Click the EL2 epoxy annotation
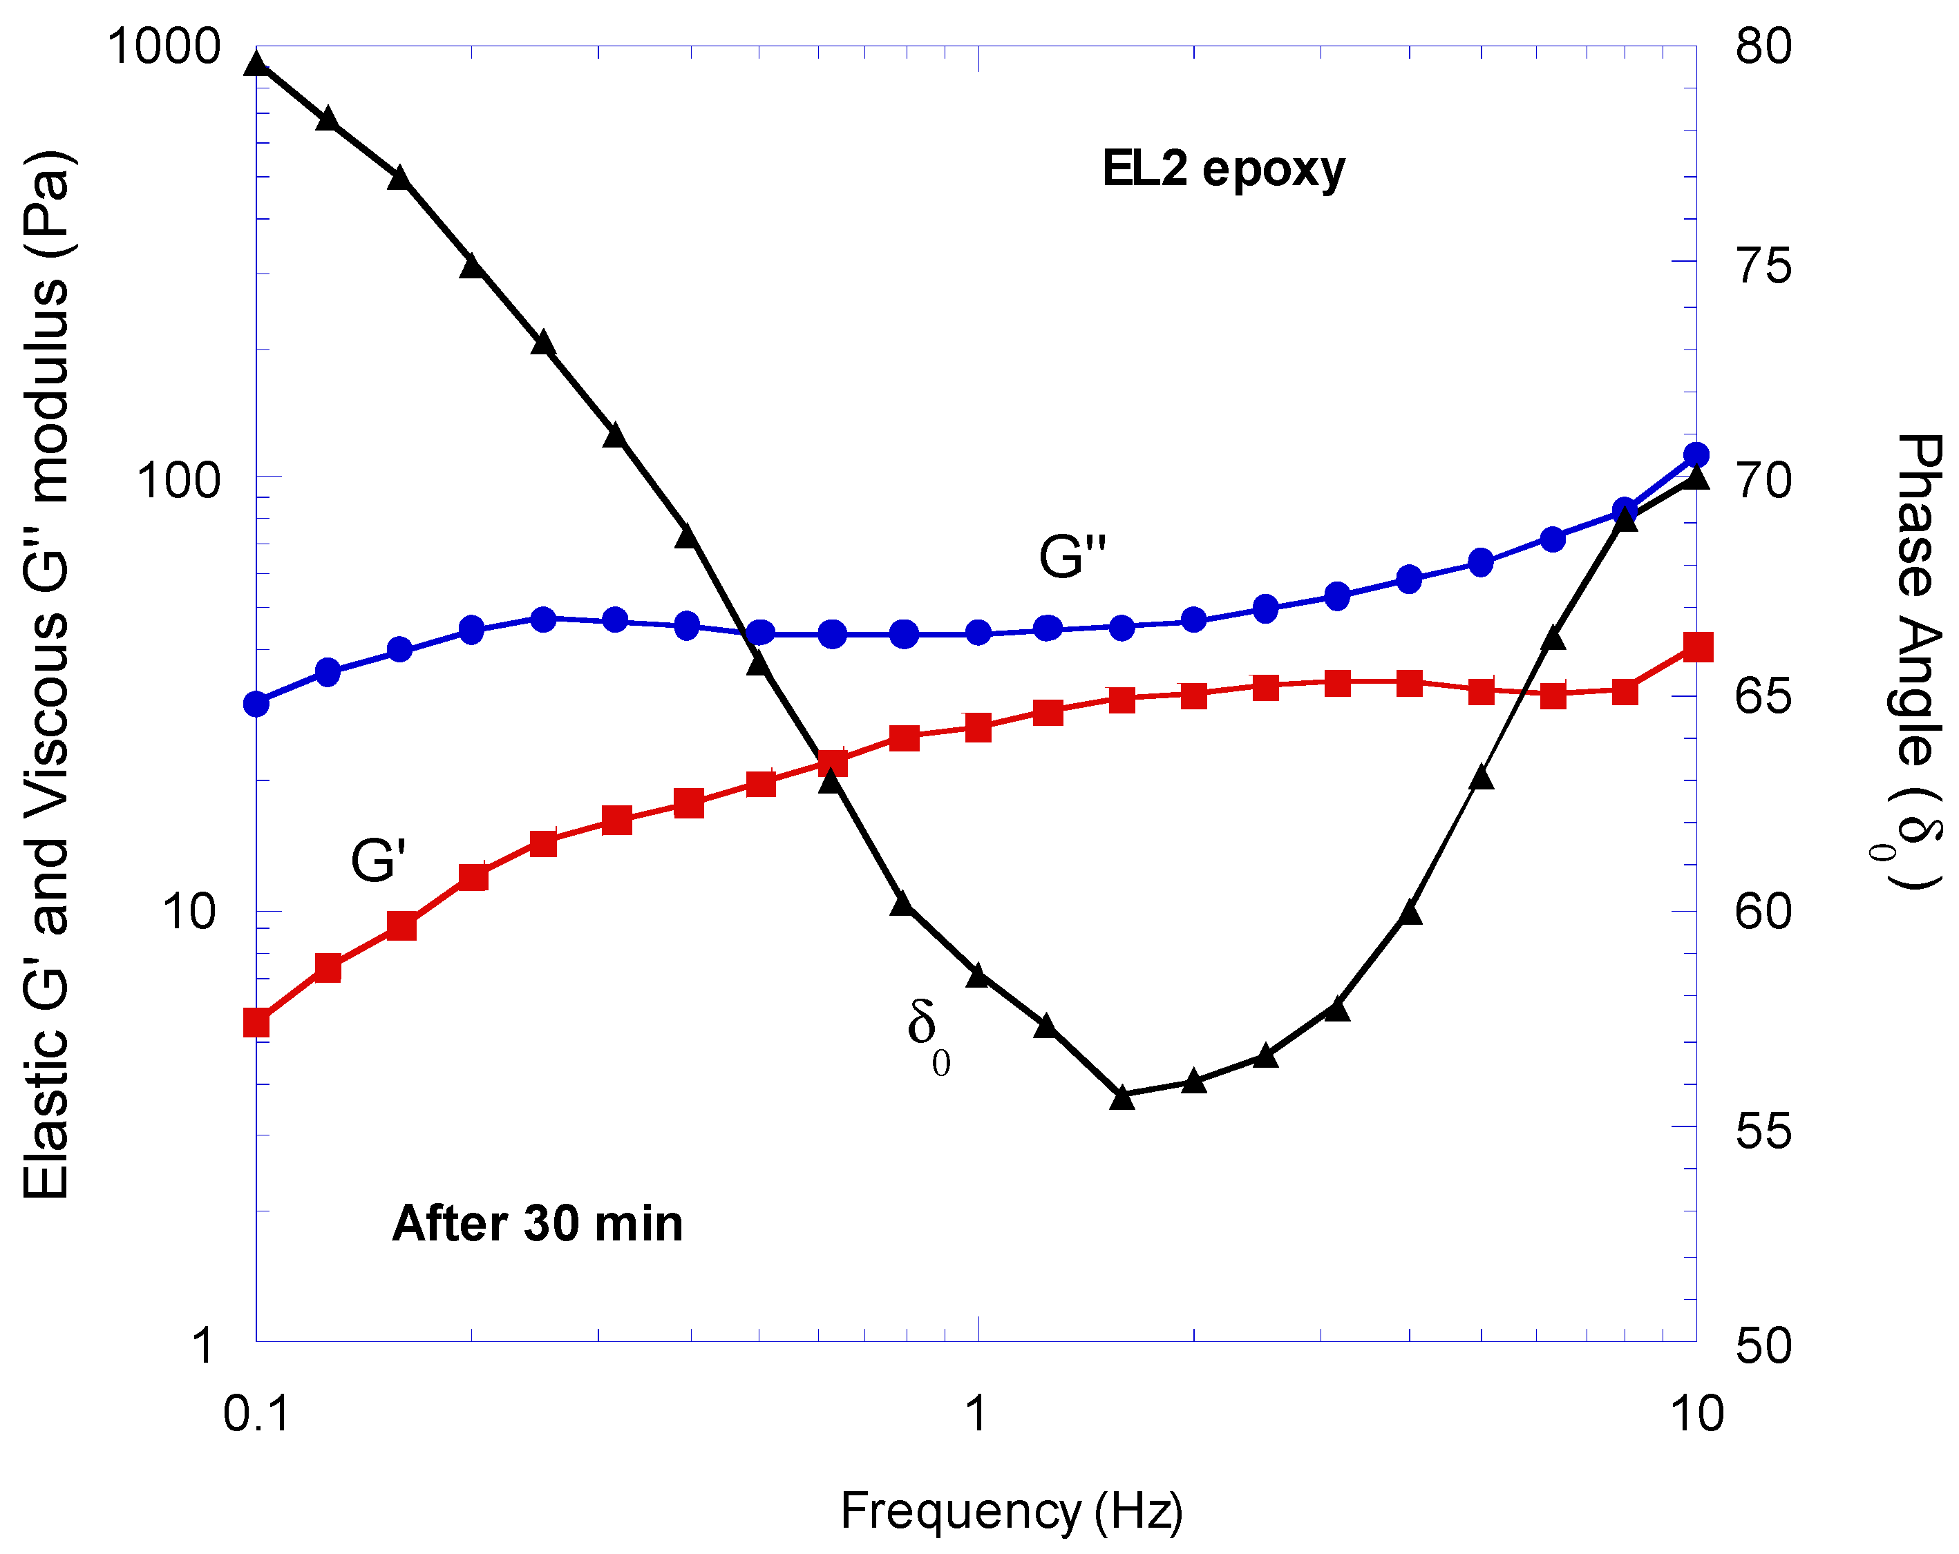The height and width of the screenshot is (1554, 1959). (1222, 169)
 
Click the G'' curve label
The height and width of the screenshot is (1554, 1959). (1072, 556)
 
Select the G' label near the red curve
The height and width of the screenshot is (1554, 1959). (378, 859)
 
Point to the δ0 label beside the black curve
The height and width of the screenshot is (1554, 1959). (927, 1035)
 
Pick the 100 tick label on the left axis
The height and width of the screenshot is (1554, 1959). (178, 479)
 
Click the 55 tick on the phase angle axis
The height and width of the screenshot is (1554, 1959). (1763, 1130)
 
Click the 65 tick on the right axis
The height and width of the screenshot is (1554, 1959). (1763, 697)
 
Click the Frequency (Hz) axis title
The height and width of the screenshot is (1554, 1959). (1012, 1511)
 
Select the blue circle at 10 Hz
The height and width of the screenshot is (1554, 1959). (1696, 455)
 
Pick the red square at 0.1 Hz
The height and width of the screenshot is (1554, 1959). (257, 1024)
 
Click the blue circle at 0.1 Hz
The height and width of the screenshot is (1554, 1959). (257, 704)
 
